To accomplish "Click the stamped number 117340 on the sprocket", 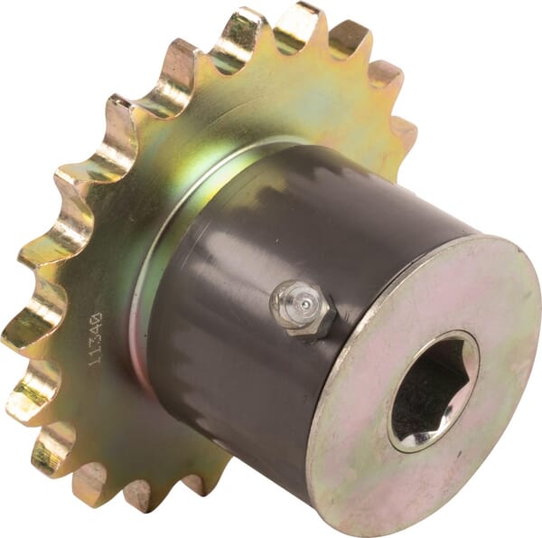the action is [x=96, y=339].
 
